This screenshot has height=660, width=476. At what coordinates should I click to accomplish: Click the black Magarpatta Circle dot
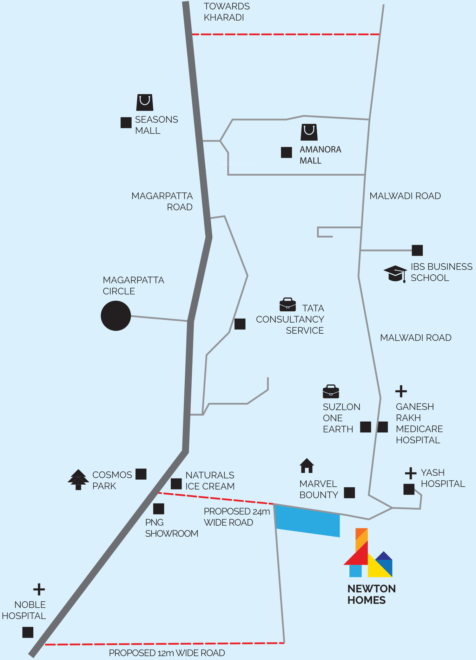pos(116,316)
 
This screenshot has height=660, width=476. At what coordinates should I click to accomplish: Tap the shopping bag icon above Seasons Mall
pos(145,102)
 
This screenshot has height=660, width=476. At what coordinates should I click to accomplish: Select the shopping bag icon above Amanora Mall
pos(309,132)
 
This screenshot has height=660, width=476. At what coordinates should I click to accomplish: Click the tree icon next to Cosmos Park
pos(78,479)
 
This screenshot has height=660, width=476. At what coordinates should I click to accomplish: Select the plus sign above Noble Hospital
pos(39,590)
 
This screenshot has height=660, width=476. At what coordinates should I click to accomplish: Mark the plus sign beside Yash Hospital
pos(411,473)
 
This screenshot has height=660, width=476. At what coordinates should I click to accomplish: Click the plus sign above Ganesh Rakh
pos(401,391)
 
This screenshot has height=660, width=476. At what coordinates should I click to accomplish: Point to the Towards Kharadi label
pos(227,12)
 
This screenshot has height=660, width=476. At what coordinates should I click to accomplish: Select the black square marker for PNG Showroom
pos(159,509)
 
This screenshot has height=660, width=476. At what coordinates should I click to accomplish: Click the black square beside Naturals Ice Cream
pos(176,484)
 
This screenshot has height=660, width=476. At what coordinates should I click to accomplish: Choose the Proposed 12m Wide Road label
pos(167,653)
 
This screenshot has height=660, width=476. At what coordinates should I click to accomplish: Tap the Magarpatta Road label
pos(162,201)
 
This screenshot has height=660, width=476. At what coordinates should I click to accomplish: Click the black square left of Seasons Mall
pos(126,123)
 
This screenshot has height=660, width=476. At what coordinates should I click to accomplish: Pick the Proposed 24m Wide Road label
pos(237,517)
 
